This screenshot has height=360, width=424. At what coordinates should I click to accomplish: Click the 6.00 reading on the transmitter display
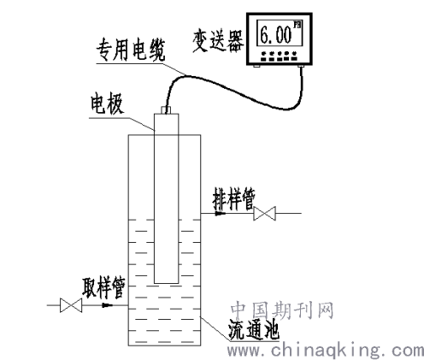(276, 35)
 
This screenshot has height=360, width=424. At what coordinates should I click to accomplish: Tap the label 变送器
(218, 41)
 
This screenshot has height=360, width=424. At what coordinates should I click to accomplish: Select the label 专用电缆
(130, 50)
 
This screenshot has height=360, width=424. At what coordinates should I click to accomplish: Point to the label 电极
(107, 104)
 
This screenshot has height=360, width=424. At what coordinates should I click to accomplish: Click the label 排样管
(233, 198)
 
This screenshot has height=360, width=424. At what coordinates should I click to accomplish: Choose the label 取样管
(103, 287)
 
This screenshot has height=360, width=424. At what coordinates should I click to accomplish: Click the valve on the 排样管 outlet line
(264, 213)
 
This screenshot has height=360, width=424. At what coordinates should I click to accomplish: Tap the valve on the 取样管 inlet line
(71, 305)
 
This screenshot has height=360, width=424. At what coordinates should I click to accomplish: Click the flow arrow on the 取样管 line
(107, 305)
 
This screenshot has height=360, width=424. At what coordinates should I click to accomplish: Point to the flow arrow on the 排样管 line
(220, 213)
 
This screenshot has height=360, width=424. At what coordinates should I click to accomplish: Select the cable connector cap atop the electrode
(166, 110)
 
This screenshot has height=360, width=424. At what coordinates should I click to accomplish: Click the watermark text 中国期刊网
(282, 310)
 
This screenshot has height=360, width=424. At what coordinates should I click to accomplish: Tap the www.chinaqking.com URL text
(325, 350)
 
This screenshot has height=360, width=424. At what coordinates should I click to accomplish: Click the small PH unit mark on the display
(297, 25)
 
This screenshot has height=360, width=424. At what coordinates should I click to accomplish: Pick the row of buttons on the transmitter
(279, 56)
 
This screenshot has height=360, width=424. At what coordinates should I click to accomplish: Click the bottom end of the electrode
(167, 283)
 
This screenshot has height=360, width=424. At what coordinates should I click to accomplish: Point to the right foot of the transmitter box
(301, 66)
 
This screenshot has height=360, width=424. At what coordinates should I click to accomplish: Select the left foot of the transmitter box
(256, 66)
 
